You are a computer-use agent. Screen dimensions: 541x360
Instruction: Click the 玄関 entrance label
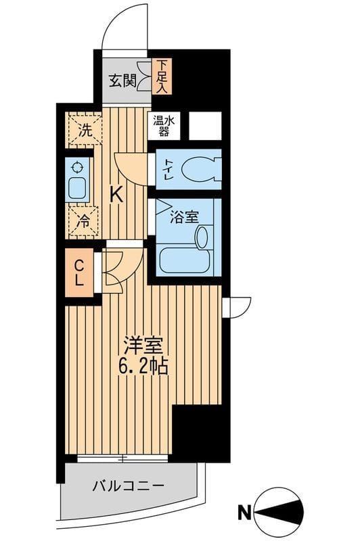(x=122, y=80)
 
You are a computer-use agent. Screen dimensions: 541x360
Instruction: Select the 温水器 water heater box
(x=163, y=126)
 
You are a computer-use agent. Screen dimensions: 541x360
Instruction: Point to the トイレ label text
(x=166, y=168)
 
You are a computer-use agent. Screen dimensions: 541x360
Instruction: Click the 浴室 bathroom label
(x=183, y=217)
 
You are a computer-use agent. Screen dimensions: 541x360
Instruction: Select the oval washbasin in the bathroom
(x=202, y=237)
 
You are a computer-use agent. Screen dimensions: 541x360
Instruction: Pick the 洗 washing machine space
(x=83, y=130)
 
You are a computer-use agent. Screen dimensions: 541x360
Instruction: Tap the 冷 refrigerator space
(x=83, y=221)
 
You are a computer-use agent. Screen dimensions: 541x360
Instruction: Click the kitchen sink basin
(x=78, y=189)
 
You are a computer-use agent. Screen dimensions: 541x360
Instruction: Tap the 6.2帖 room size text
(x=143, y=367)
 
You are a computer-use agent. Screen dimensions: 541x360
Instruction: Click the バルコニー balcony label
(x=128, y=486)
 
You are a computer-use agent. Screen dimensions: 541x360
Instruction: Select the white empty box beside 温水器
(x=204, y=126)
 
